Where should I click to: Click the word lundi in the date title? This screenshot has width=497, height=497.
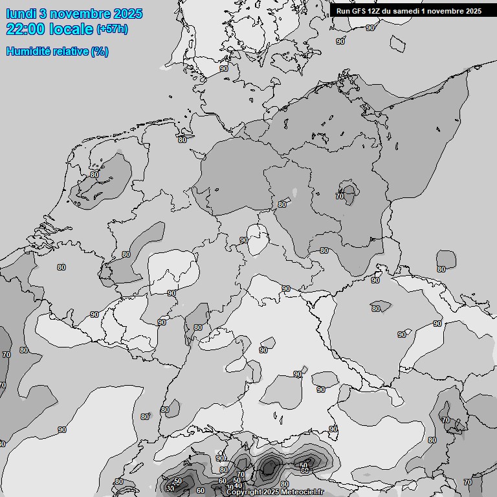[21, 14]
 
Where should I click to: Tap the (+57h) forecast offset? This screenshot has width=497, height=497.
[112, 29]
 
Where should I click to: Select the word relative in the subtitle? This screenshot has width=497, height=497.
[70, 51]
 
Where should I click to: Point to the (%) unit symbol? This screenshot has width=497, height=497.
[100, 51]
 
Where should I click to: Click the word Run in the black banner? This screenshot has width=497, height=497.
[343, 11]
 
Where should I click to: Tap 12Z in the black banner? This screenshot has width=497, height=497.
[375, 11]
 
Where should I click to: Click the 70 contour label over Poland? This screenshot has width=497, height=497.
[340, 196]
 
